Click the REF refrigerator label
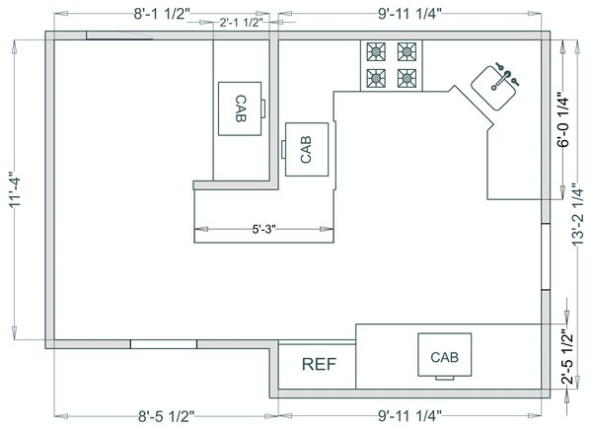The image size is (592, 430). (x=319, y=364)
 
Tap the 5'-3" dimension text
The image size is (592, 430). (x=263, y=229)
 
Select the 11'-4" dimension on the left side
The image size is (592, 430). (x=16, y=190)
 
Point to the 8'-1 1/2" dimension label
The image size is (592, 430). (x=161, y=14)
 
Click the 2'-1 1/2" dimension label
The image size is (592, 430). (x=241, y=23)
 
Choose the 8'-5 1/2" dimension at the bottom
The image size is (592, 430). (x=166, y=416)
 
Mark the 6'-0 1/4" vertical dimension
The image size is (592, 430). (x=562, y=119)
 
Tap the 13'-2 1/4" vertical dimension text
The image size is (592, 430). (x=577, y=215)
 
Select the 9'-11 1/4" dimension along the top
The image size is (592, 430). (x=409, y=14)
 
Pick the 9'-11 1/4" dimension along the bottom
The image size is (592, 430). (x=409, y=416)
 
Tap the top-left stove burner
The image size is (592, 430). (x=376, y=51)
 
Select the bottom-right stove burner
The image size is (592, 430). (x=407, y=78)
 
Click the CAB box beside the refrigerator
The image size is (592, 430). (x=444, y=354)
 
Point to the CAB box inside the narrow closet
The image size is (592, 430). (x=240, y=108)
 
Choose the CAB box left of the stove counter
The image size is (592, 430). (x=307, y=149)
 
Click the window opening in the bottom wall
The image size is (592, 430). (x=164, y=344)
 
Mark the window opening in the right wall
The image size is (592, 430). (x=546, y=256)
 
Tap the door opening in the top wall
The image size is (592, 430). (x=119, y=36)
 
